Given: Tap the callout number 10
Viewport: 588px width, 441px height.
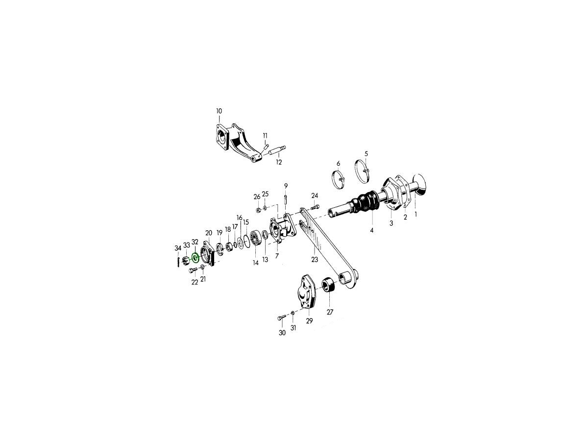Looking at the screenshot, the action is click(219, 111).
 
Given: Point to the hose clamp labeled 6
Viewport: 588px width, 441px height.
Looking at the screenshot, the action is click(338, 180).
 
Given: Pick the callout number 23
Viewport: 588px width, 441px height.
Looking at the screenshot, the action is click(315, 259).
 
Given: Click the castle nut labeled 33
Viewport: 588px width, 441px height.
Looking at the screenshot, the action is click(185, 260).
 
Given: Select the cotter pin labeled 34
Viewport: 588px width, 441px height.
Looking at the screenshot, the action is click(178, 262).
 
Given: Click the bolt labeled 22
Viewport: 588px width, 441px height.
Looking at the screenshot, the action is click(193, 269).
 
